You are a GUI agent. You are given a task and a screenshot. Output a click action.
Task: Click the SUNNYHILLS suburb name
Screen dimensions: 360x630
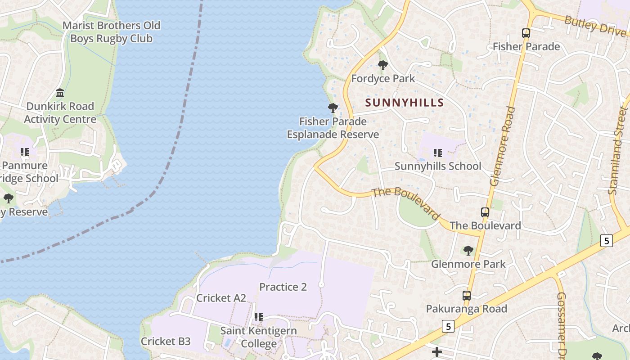coord(405,103)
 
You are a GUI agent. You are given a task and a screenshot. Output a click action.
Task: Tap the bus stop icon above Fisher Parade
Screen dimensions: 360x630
coord(526,33)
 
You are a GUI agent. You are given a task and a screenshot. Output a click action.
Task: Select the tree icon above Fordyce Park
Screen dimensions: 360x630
coord(383,65)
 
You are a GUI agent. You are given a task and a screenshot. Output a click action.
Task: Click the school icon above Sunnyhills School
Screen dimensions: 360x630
coord(437,153)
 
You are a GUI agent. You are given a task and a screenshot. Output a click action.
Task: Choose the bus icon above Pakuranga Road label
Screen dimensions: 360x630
coord(467,296)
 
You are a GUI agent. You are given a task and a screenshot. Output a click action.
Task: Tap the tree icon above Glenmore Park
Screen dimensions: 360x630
coord(468,250)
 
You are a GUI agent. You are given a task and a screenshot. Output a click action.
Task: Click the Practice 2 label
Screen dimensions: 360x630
coord(283,287)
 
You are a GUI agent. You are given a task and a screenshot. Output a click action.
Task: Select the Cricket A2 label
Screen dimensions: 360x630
coord(221,298)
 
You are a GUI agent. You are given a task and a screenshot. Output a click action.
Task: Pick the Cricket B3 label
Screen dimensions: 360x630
coord(166,341)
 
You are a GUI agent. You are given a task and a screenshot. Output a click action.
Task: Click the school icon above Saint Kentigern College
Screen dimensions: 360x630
coord(258,317)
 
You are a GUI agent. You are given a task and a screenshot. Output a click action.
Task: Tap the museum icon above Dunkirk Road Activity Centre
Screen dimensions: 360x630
coord(60,93)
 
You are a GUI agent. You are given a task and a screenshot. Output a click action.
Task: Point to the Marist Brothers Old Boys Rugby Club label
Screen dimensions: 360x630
coord(111,32)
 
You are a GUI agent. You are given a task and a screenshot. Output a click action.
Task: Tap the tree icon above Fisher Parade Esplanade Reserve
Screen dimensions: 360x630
coord(333,108)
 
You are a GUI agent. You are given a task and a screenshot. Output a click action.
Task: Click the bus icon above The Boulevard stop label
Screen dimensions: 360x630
coord(485,212)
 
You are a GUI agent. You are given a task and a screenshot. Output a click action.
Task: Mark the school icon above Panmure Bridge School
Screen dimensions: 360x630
coord(24,152)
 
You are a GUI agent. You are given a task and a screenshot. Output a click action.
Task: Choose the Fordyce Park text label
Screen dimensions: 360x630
coord(383,79)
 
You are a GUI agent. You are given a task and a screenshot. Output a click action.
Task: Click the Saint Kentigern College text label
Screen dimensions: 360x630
coord(258,337)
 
